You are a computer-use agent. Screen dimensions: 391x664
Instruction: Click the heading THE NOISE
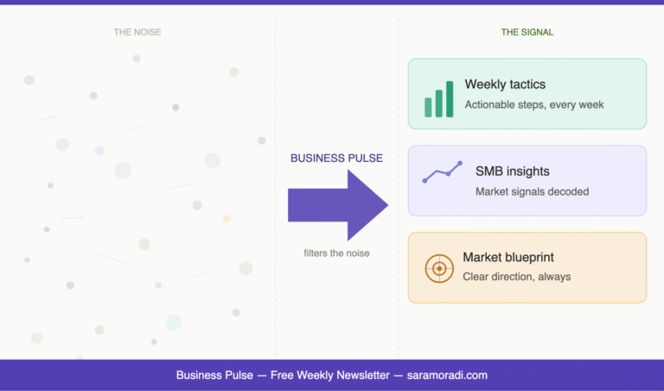click(x=137, y=32)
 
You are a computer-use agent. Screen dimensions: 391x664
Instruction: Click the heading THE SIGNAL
click(x=527, y=32)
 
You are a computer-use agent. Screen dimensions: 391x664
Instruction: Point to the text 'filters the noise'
click(x=337, y=253)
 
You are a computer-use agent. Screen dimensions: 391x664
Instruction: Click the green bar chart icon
click(x=439, y=99)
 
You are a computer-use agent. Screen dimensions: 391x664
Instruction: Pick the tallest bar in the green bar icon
click(x=450, y=99)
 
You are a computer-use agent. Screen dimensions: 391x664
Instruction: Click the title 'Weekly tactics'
click(x=505, y=85)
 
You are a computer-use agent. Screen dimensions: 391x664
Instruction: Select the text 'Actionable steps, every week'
click(x=533, y=105)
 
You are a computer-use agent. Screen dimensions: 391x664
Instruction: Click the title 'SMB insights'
click(x=512, y=171)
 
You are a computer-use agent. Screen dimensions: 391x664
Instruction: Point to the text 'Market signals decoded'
click(x=532, y=191)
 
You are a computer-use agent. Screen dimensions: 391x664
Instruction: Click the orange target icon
click(x=439, y=268)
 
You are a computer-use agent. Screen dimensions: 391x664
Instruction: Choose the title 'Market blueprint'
click(x=508, y=257)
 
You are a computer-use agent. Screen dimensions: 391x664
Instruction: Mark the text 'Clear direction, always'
click(x=516, y=277)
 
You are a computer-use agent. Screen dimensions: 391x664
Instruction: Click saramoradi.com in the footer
click(x=447, y=375)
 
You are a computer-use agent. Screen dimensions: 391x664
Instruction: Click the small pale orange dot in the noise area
click(x=227, y=219)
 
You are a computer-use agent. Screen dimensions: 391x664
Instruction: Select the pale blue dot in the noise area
click(x=99, y=151)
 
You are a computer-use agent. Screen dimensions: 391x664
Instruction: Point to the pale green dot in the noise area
click(x=174, y=322)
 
